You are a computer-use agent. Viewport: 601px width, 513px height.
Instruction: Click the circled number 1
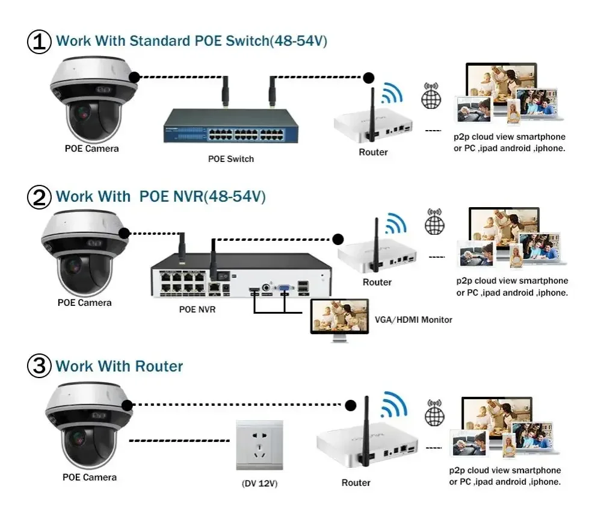click(x=40, y=42)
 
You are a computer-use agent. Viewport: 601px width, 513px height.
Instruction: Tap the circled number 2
click(x=40, y=197)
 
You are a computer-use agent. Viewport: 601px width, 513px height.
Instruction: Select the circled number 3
click(x=40, y=367)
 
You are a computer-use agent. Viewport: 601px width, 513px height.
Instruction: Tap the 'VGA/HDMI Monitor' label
click(x=413, y=319)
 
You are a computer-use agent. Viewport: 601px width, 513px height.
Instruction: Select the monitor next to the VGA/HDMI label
click(x=339, y=318)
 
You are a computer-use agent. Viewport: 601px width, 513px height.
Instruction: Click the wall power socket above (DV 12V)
click(x=259, y=445)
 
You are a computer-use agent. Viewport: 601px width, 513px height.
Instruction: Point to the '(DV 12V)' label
click(x=259, y=483)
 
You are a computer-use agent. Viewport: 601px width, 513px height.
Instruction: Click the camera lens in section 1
click(x=82, y=112)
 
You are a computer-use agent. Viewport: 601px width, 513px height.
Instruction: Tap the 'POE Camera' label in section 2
click(x=85, y=302)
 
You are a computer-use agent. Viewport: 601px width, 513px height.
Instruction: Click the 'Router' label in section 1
click(x=373, y=152)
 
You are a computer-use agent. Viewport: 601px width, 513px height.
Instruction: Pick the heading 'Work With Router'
click(x=119, y=366)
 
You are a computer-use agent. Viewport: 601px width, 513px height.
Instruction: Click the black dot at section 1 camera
click(x=135, y=76)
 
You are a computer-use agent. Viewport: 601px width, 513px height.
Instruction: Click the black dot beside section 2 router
click(x=338, y=238)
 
